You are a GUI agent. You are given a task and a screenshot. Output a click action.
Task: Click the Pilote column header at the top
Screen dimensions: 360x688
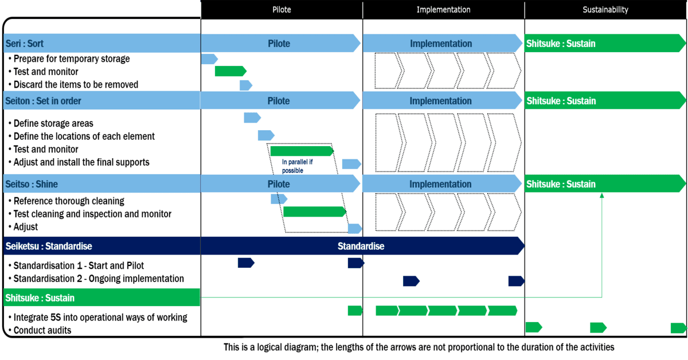[281, 10]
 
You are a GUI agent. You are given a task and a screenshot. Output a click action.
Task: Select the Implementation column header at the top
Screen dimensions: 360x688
[443, 10]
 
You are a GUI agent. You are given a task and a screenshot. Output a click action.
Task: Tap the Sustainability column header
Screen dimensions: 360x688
[605, 10]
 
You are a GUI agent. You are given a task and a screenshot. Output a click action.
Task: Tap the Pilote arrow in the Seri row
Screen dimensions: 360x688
[280, 44]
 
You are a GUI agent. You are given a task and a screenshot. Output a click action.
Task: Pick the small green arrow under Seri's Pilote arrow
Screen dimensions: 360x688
[230, 71]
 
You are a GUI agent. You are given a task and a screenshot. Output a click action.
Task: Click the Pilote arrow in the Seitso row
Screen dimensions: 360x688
[280, 185]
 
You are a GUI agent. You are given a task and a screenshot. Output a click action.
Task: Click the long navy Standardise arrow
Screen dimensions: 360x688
[361, 246]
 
